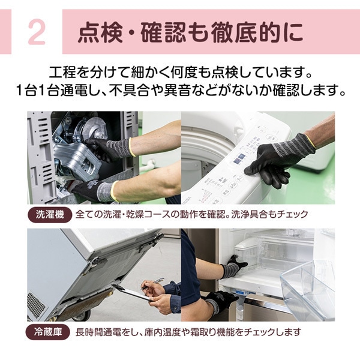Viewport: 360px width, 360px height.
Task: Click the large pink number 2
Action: pyautogui.click(x=37, y=34)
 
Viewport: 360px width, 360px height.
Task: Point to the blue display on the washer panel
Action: pyautogui.click(x=241, y=160)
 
